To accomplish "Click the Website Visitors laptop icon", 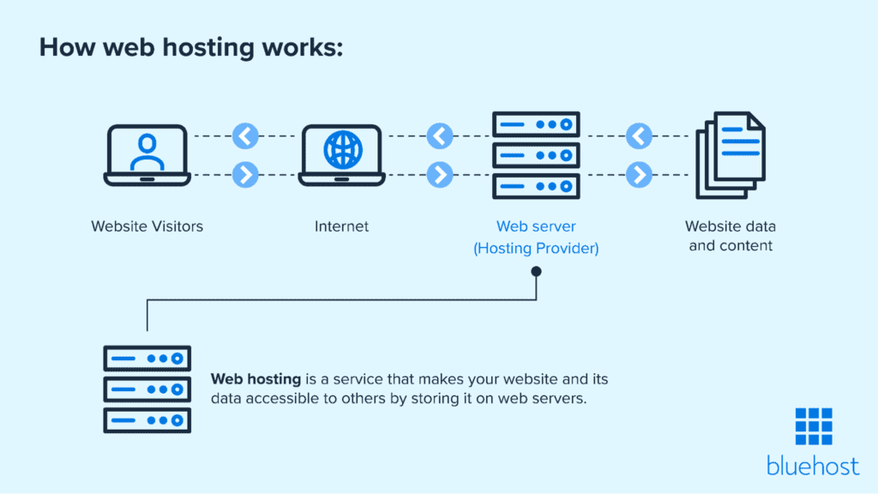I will pyautogui.click(x=146, y=155).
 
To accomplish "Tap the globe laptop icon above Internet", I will pyautogui.click(x=340, y=155).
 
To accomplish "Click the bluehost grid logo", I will pyautogui.click(x=813, y=427).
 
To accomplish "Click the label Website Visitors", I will pyautogui.click(x=147, y=227).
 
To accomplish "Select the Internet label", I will pyautogui.click(x=341, y=227).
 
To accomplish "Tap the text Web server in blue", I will pyautogui.click(x=536, y=227).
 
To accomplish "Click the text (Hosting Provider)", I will pyautogui.click(x=536, y=249).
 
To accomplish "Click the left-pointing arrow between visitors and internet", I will pyautogui.click(x=245, y=136).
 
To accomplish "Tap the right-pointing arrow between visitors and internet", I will pyautogui.click(x=245, y=175).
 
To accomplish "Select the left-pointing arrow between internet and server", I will pyautogui.click(x=440, y=136).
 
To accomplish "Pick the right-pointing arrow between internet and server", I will pyautogui.click(x=440, y=175).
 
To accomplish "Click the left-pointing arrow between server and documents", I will pyautogui.click(x=639, y=136).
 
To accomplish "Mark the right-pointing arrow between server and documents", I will pyautogui.click(x=639, y=175).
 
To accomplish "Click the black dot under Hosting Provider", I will pyautogui.click(x=537, y=272).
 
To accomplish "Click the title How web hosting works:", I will pyautogui.click(x=191, y=47).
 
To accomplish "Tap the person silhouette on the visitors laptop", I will pyautogui.click(x=146, y=151).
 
